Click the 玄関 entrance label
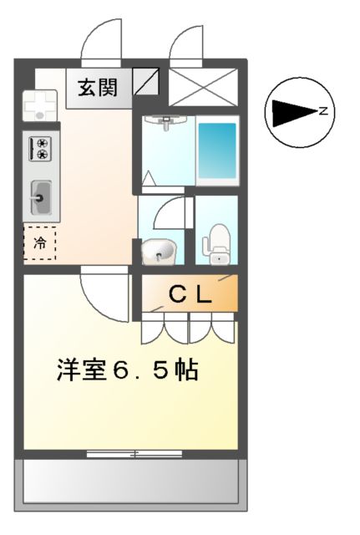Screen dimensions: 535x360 (x=99, y=87)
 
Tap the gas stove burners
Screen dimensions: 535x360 (x=40, y=149)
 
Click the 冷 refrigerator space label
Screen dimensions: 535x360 (x=40, y=243)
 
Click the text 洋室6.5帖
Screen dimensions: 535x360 (x=128, y=370)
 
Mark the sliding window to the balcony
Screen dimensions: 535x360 (x=134, y=454)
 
